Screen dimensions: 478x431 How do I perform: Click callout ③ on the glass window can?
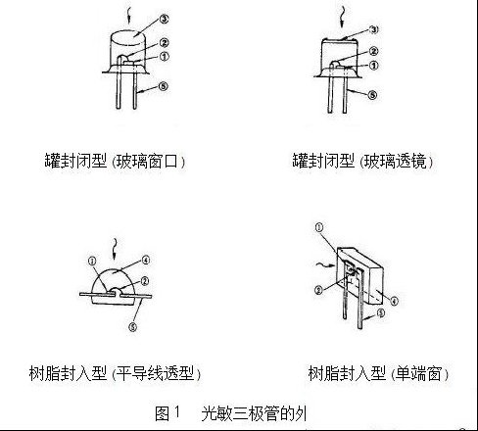pyautogui.click(x=164, y=19)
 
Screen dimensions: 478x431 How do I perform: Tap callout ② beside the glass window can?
pyautogui.click(x=164, y=43)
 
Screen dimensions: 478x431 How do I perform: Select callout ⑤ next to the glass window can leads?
pyautogui.click(x=163, y=86)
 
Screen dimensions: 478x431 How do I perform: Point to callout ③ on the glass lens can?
pyautogui.click(x=374, y=29)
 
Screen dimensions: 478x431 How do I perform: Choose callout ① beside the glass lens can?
pyautogui.click(x=374, y=66)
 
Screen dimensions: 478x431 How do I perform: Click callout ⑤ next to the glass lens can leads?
pyautogui.click(x=372, y=95)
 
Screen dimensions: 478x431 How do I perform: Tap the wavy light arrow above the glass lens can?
pyautogui.click(x=342, y=17)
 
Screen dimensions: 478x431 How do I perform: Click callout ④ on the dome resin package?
pyautogui.click(x=145, y=261)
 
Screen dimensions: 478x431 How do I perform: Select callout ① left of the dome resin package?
pyautogui.click(x=92, y=261)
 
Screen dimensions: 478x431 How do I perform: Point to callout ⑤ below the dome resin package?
pyautogui.click(x=132, y=326)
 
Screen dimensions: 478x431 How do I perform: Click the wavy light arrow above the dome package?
pyautogui.click(x=115, y=249)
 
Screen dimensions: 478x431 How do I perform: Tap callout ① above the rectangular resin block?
pyautogui.click(x=319, y=227)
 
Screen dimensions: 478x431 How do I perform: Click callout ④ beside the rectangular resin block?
pyautogui.click(x=395, y=301)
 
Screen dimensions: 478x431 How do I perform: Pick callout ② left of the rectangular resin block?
pyautogui.click(x=318, y=290)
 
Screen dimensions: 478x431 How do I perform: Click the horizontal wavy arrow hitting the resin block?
pyautogui.click(x=326, y=264)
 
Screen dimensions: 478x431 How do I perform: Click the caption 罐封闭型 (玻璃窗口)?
pyautogui.click(x=115, y=161)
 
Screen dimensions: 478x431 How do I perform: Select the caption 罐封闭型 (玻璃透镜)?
pyautogui.click(x=362, y=161)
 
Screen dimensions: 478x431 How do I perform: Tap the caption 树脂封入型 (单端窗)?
pyautogui.click(x=378, y=373)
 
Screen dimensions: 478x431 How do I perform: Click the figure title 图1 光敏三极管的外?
pyautogui.click(x=231, y=413)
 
